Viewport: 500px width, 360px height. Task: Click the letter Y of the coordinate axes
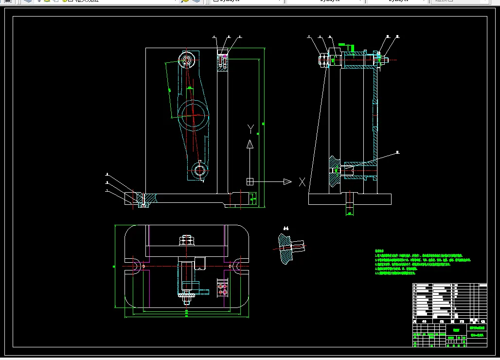click(250, 129)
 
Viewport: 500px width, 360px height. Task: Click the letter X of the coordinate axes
click(302, 182)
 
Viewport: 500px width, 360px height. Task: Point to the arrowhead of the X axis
click(287, 182)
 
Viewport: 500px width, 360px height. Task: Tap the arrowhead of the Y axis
click(250, 144)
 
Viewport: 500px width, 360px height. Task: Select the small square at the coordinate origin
click(250, 181)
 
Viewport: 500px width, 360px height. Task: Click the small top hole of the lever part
click(187, 60)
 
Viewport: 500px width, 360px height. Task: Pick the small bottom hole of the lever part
click(200, 170)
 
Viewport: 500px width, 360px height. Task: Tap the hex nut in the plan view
click(186, 240)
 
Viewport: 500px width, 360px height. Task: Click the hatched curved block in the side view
click(334, 170)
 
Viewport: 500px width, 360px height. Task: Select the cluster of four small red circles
click(223, 288)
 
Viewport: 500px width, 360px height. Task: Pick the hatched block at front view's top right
click(222, 62)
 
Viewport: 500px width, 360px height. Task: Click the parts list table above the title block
click(449, 302)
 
